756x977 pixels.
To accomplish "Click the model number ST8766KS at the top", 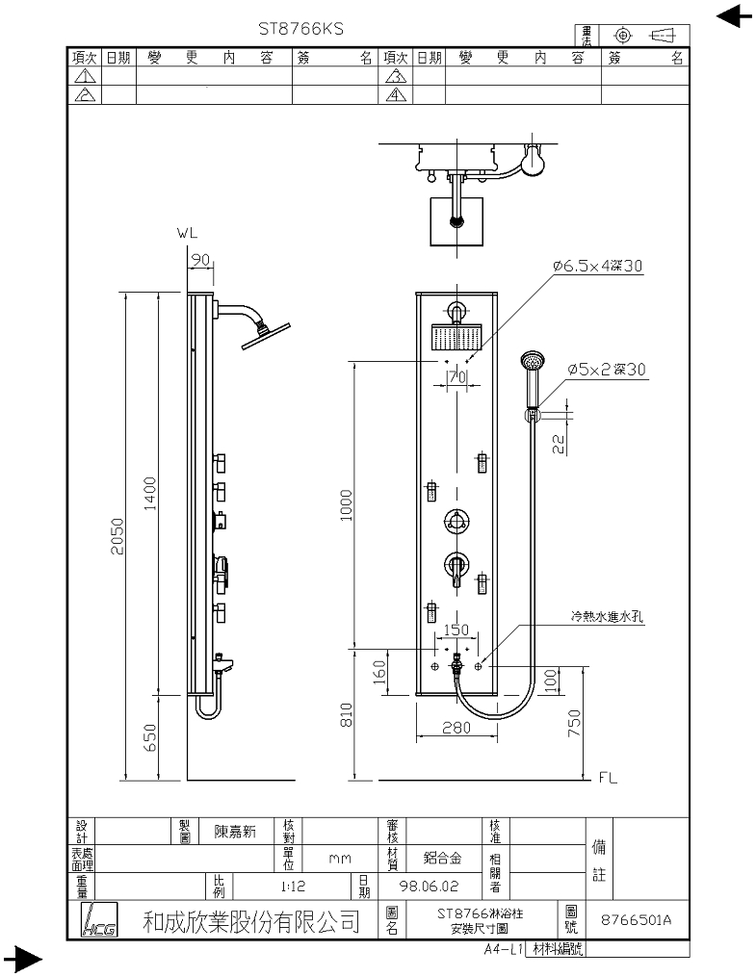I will pos(300,30).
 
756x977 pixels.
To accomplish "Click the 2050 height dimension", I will pos(117,534).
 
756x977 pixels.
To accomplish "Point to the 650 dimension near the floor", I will pos(149,737).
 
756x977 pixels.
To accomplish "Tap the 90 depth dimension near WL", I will pos(200,259).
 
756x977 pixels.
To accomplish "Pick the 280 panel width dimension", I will pos(456,729).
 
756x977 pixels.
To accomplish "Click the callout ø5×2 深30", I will pos(606,368).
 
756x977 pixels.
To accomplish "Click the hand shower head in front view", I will pos(532,362).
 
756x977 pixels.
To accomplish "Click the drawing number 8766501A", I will pos(636,919).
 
